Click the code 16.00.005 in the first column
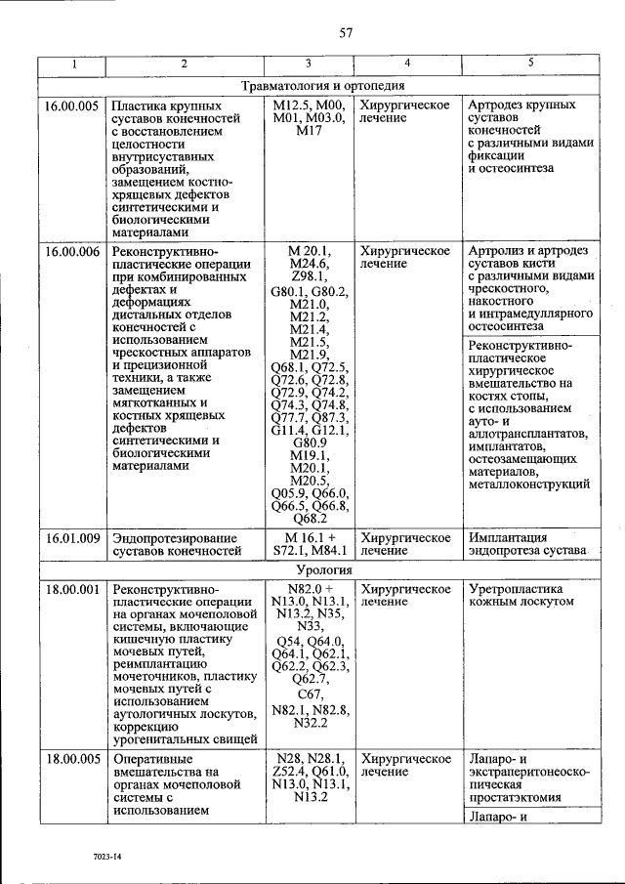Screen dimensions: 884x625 (x=70, y=105)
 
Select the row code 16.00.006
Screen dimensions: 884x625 (x=70, y=251)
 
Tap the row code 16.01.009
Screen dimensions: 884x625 (x=70, y=538)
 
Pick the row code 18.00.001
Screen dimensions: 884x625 (x=70, y=590)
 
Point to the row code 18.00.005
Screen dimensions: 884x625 (x=70, y=759)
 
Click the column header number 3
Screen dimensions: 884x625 (x=309, y=64)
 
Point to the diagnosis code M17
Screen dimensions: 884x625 (x=309, y=130)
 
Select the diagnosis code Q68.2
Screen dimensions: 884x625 (x=309, y=518)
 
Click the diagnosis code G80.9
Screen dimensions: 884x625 (x=309, y=442)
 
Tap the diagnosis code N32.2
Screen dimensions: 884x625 (x=309, y=723)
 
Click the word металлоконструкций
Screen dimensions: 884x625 (x=528, y=484)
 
